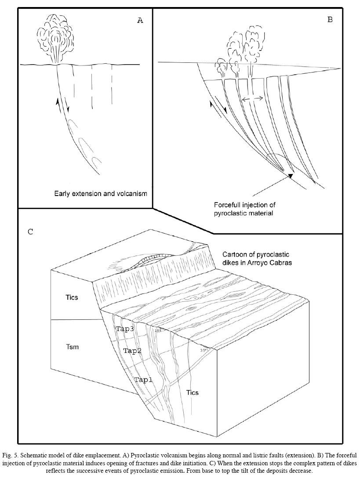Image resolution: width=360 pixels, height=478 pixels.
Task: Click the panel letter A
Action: point(140,20)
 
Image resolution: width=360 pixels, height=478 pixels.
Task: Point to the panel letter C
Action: point(30,232)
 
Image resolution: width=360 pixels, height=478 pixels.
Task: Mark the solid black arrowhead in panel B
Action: point(290,176)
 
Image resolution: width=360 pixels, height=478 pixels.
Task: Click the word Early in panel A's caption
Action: point(63,193)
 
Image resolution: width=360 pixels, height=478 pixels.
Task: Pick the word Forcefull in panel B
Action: point(229,205)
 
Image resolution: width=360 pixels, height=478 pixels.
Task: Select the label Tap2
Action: point(132,351)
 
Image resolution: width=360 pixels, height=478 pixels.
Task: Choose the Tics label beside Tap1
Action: point(192,392)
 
